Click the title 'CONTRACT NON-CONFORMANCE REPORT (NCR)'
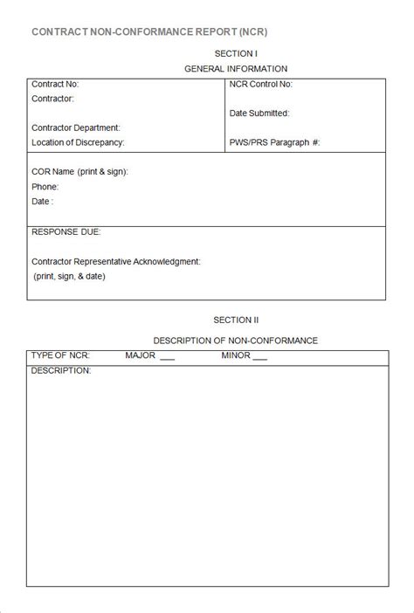[x=149, y=31]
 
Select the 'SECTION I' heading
[x=236, y=53]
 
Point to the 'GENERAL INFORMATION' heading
[x=236, y=69]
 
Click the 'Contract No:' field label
[x=55, y=85]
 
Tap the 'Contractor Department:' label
[x=75, y=127]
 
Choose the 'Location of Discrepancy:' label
[x=78, y=142]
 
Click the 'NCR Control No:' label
[x=261, y=85]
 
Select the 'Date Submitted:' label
[x=259, y=114]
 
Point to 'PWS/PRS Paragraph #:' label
[x=275, y=142]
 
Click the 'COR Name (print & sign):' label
[x=79, y=172]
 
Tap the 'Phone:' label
[x=45, y=187]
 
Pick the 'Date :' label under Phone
[x=43, y=202]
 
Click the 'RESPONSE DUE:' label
[x=66, y=232]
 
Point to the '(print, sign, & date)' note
[x=69, y=276]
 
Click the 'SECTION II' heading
[x=236, y=320]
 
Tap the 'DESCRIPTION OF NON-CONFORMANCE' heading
[x=236, y=341]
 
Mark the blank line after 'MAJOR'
[x=168, y=358]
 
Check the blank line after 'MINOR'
[x=259, y=358]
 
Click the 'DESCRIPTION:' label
[x=61, y=371]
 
